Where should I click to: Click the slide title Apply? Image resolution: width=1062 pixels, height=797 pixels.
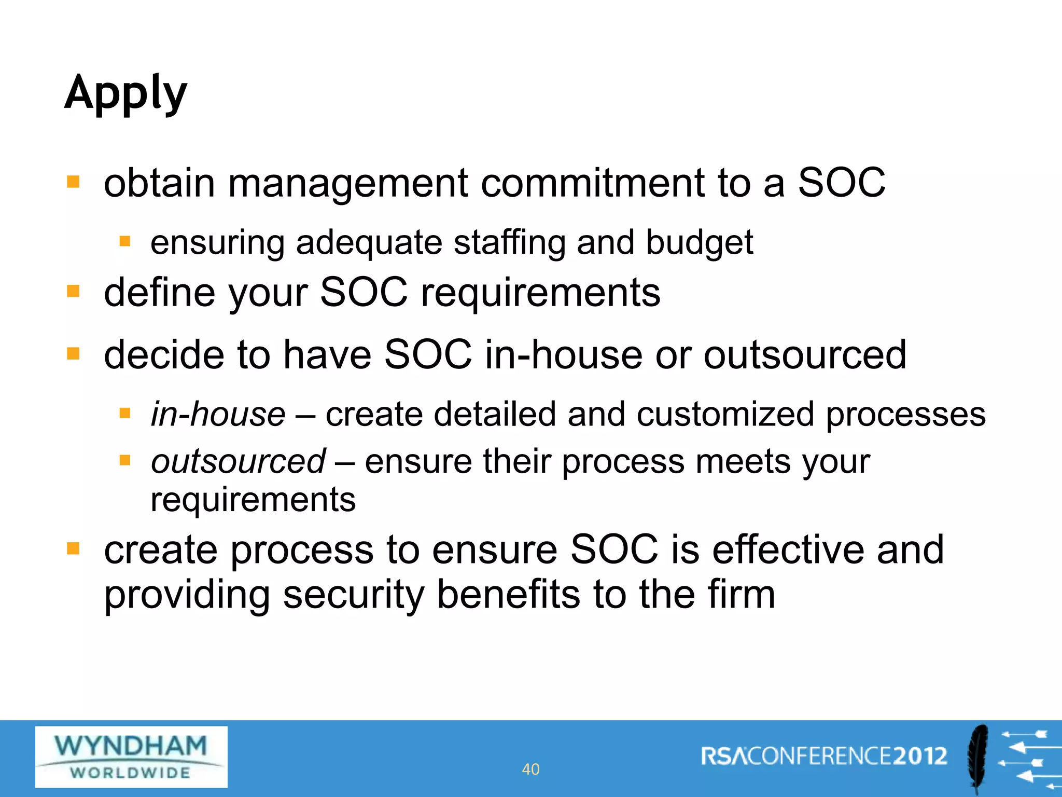[x=125, y=93]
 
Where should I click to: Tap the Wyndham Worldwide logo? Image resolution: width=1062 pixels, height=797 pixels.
[x=131, y=757]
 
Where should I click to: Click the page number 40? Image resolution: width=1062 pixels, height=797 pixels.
[x=530, y=769]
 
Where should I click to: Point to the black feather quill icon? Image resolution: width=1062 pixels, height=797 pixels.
[x=978, y=759]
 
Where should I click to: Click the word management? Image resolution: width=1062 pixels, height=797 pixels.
[x=348, y=184]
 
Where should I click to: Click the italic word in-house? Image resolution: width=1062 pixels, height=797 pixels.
[x=218, y=414]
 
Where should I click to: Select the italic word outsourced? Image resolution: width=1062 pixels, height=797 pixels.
[x=238, y=461]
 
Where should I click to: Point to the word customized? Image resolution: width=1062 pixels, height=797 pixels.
[x=725, y=414]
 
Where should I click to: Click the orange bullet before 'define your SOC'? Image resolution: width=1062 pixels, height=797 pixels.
[x=73, y=292]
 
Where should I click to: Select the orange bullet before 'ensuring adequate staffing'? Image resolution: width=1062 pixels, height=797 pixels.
[x=124, y=241]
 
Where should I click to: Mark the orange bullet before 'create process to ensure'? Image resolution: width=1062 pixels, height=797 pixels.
[x=73, y=548]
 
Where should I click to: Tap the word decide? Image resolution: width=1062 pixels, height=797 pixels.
[x=164, y=355]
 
